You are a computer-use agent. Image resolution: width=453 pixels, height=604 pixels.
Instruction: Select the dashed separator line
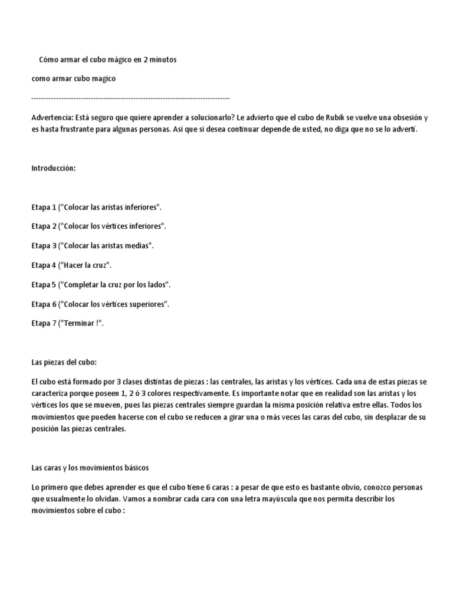click(130, 97)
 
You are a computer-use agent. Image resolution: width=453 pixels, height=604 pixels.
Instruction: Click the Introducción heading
click(54, 168)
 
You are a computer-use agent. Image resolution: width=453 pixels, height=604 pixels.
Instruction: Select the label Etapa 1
click(44, 207)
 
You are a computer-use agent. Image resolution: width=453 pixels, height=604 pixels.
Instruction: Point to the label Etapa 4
click(44, 265)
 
